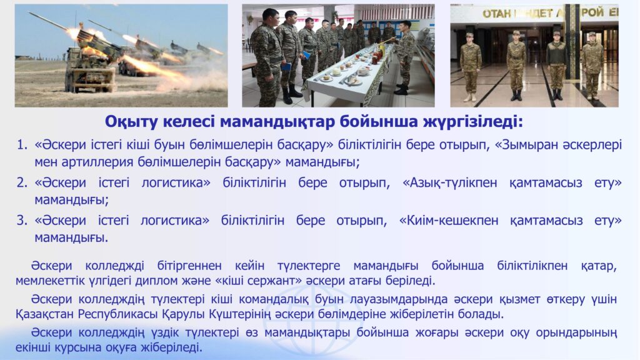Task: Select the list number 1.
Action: (22, 144)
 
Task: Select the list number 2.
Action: (22, 182)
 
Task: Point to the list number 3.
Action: (22, 221)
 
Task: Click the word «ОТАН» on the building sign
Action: (496, 14)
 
